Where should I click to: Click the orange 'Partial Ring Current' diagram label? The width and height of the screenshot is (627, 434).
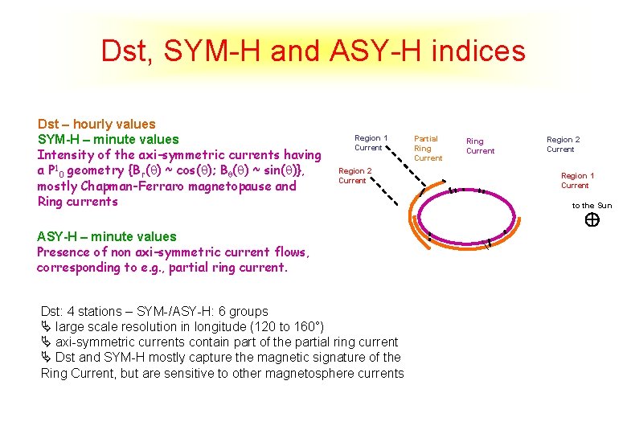tap(428, 149)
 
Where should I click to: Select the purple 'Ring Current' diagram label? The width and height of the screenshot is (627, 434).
tap(481, 145)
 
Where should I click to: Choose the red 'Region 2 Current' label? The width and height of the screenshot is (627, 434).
tap(354, 175)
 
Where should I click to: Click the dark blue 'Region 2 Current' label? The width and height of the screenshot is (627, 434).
tap(563, 144)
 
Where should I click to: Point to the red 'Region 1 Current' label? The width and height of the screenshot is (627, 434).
tap(577, 180)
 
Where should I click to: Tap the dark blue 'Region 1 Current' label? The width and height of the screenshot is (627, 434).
tap(371, 142)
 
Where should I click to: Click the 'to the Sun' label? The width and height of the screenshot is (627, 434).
tap(592, 206)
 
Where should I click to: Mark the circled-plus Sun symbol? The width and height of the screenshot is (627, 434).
tap(591, 220)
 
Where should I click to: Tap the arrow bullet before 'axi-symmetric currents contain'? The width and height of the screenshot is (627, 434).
tap(46, 342)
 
